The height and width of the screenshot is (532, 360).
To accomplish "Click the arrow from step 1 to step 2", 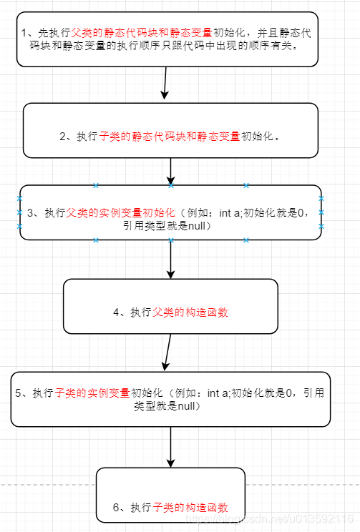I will click(166, 83).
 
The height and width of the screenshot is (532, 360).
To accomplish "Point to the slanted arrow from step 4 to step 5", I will click(167, 352).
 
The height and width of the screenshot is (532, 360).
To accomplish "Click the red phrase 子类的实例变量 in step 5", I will click(92, 393).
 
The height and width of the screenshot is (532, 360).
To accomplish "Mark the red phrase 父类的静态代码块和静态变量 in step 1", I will click(142, 33).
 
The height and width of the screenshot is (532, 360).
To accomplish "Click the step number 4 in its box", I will click(117, 312).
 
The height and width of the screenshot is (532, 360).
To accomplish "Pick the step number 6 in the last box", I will click(117, 507).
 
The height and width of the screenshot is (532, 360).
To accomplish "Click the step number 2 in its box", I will click(64, 136).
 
